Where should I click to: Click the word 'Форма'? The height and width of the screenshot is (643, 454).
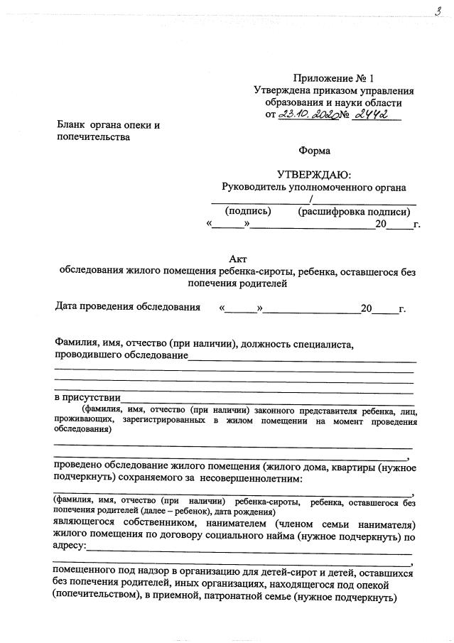(315, 151)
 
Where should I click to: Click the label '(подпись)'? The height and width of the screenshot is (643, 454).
(248, 211)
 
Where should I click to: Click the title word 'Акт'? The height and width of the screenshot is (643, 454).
(237, 259)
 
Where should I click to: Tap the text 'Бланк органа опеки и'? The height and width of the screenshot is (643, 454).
(109, 126)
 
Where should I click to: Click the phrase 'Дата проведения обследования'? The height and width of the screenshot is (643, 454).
(128, 308)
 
